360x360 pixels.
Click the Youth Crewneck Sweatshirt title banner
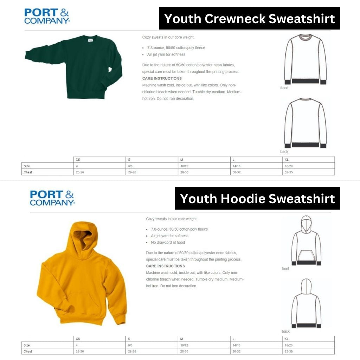click(x=250, y=18)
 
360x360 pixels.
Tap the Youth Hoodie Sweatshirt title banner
click(x=257, y=199)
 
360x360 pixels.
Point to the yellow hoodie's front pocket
click(x=83, y=302)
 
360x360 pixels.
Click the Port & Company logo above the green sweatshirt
click(x=47, y=16)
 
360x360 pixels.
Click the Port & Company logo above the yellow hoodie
click(x=52, y=198)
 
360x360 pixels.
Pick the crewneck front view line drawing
click(x=305, y=59)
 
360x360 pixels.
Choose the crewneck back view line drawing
click(x=305, y=123)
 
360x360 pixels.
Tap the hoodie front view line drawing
click(x=306, y=241)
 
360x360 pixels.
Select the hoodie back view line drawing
click(x=306, y=303)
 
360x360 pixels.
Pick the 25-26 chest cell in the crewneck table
click(x=79, y=172)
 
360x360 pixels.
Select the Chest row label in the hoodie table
click(x=28, y=351)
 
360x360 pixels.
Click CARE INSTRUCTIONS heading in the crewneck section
click(x=162, y=78)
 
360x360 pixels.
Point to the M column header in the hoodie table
click(x=181, y=339)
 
